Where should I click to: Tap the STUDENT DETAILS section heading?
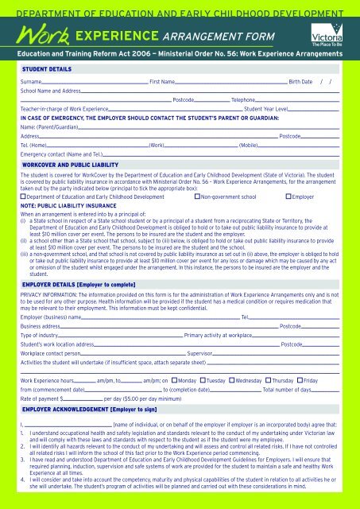click(47, 69)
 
